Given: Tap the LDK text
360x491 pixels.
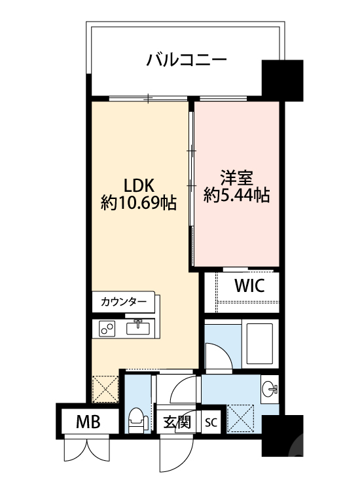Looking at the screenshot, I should point(139,184).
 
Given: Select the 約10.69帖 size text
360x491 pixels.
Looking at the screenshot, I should point(139,203).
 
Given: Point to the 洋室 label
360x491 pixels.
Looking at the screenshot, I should point(237,177).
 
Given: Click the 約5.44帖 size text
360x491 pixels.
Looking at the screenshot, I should point(237,194).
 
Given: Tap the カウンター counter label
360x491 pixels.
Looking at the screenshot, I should point(124,302).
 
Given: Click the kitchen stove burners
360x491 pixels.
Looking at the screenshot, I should point(107,329).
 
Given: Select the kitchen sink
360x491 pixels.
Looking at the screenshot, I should point(139,327).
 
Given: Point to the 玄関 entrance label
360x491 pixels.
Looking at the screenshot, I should point(175,422).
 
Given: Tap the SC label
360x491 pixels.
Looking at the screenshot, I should point(211,422).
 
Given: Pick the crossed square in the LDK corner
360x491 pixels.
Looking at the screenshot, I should point(105,388).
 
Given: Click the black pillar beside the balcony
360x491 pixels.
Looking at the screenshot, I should point(282,79).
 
